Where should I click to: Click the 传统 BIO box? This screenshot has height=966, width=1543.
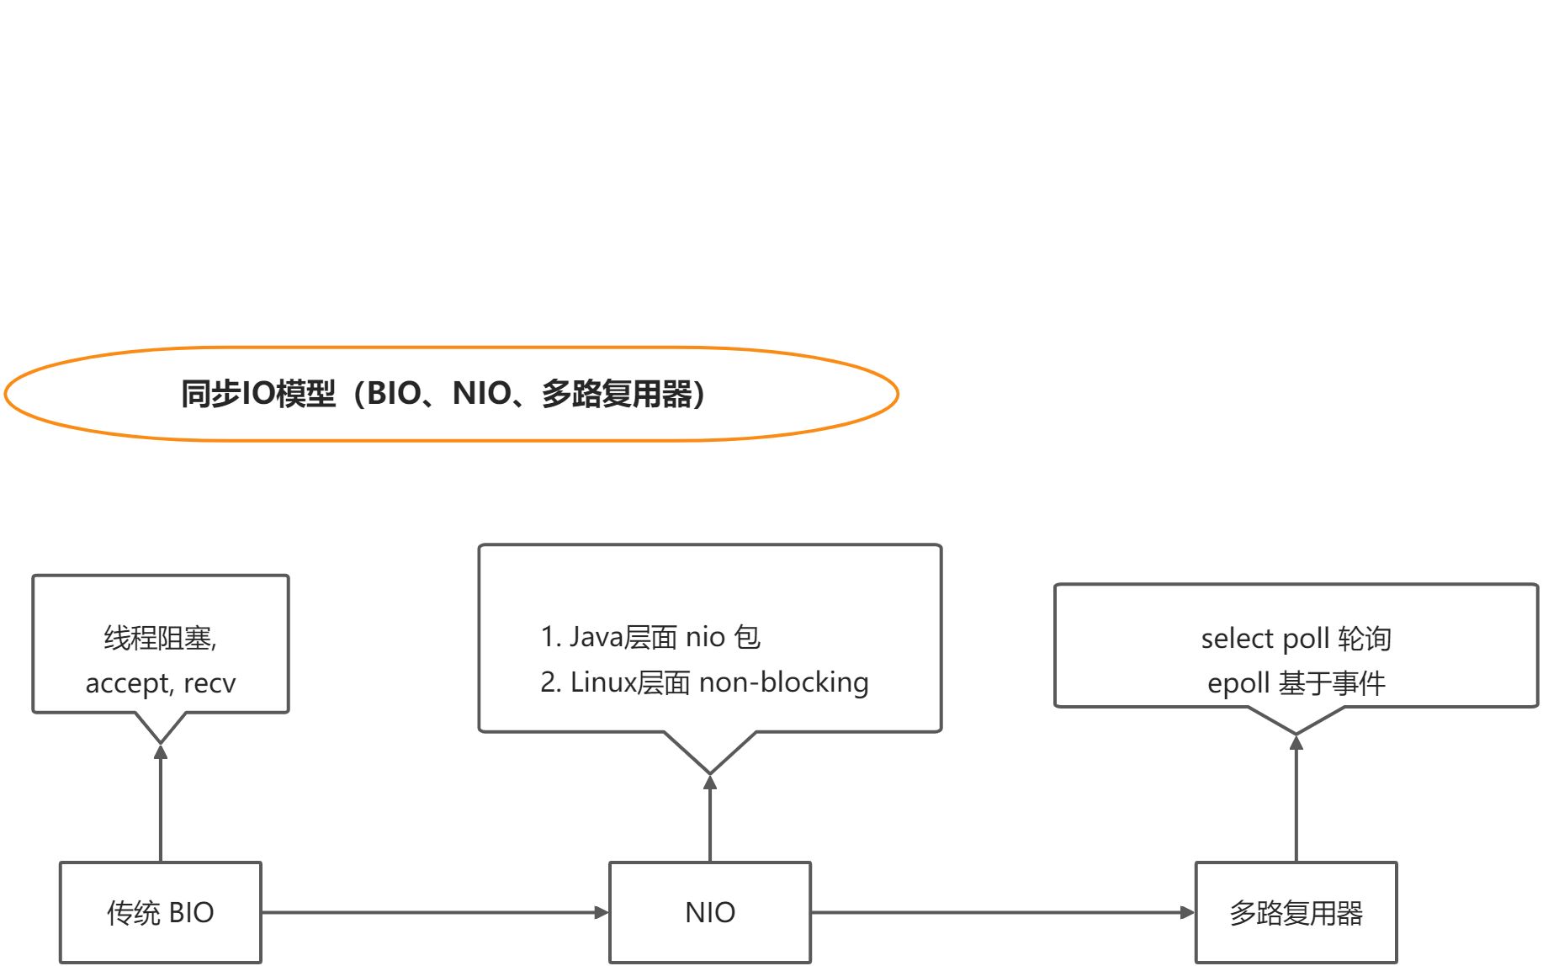click(x=160, y=912)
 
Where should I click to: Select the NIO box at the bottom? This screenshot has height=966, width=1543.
click(x=710, y=912)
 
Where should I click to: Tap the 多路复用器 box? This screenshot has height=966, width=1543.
click(x=1296, y=912)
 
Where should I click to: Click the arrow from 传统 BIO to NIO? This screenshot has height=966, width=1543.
click(x=434, y=912)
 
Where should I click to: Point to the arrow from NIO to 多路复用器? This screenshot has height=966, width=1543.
click(x=1001, y=912)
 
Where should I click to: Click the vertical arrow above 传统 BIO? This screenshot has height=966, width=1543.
click(x=161, y=804)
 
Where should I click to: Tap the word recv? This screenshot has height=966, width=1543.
click(x=209, y=683)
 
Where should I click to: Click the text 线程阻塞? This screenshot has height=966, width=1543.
click(x=157, y=638)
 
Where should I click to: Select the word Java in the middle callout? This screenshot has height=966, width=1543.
click(x=596, y=637)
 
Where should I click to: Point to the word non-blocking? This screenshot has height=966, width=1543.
click(x=783, y=682)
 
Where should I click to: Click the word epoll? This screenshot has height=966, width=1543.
click(x=1238, y=683)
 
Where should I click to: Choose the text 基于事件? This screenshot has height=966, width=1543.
click(x=1332, y=683)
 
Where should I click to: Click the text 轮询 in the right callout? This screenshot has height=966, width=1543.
click(x=1364, y=639)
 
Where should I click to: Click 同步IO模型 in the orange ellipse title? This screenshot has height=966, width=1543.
click(x=258, y=394)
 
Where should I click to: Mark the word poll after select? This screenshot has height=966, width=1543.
click(x=1306, y=639)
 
